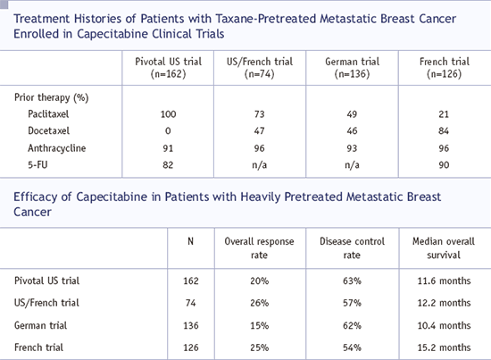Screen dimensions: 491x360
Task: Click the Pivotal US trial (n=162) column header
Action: pyautogui.click(x=168, y=68)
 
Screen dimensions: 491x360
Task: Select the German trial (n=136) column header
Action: pyautogui.click(x=352, y=68)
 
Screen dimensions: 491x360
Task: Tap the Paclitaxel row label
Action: pyautogui.click(x=48, y=114)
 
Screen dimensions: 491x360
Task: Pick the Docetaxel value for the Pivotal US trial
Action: pyautogui.click(x=168, y=131)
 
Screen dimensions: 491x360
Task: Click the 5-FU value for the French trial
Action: pyautogui.click(x=444, y=165)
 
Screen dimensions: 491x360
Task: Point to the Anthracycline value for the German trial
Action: pyautogui.click(x=352, y=148)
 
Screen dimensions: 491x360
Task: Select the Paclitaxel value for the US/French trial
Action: pyautogui.click(x=259, y=114)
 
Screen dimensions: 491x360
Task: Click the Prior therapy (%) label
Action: pyautogui.click(x=52, y=97)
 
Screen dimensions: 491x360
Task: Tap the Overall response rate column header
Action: pyautogui.click(x=259, y=248)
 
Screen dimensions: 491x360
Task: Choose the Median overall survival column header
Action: pyautogui.click(x=444, y=248)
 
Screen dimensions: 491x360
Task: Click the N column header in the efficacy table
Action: pyautogui.click(x=190, y=241)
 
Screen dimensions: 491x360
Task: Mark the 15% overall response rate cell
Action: pyautogui.click(x=259, y=325)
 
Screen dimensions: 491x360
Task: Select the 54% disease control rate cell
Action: pyautogui.click(x=352, y=347)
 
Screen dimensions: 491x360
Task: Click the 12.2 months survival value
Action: pyautogui.click(x=444, y=303)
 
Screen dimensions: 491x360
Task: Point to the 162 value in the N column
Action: pyautogui.click(x=191, y=280)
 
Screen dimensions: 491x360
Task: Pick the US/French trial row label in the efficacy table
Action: pyautogui.click(x=46, y=303)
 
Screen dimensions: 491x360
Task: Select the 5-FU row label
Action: pyautogui.click(x=37, y=164)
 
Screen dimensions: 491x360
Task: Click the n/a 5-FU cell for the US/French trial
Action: pyautogui.click(x=259, y=165)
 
